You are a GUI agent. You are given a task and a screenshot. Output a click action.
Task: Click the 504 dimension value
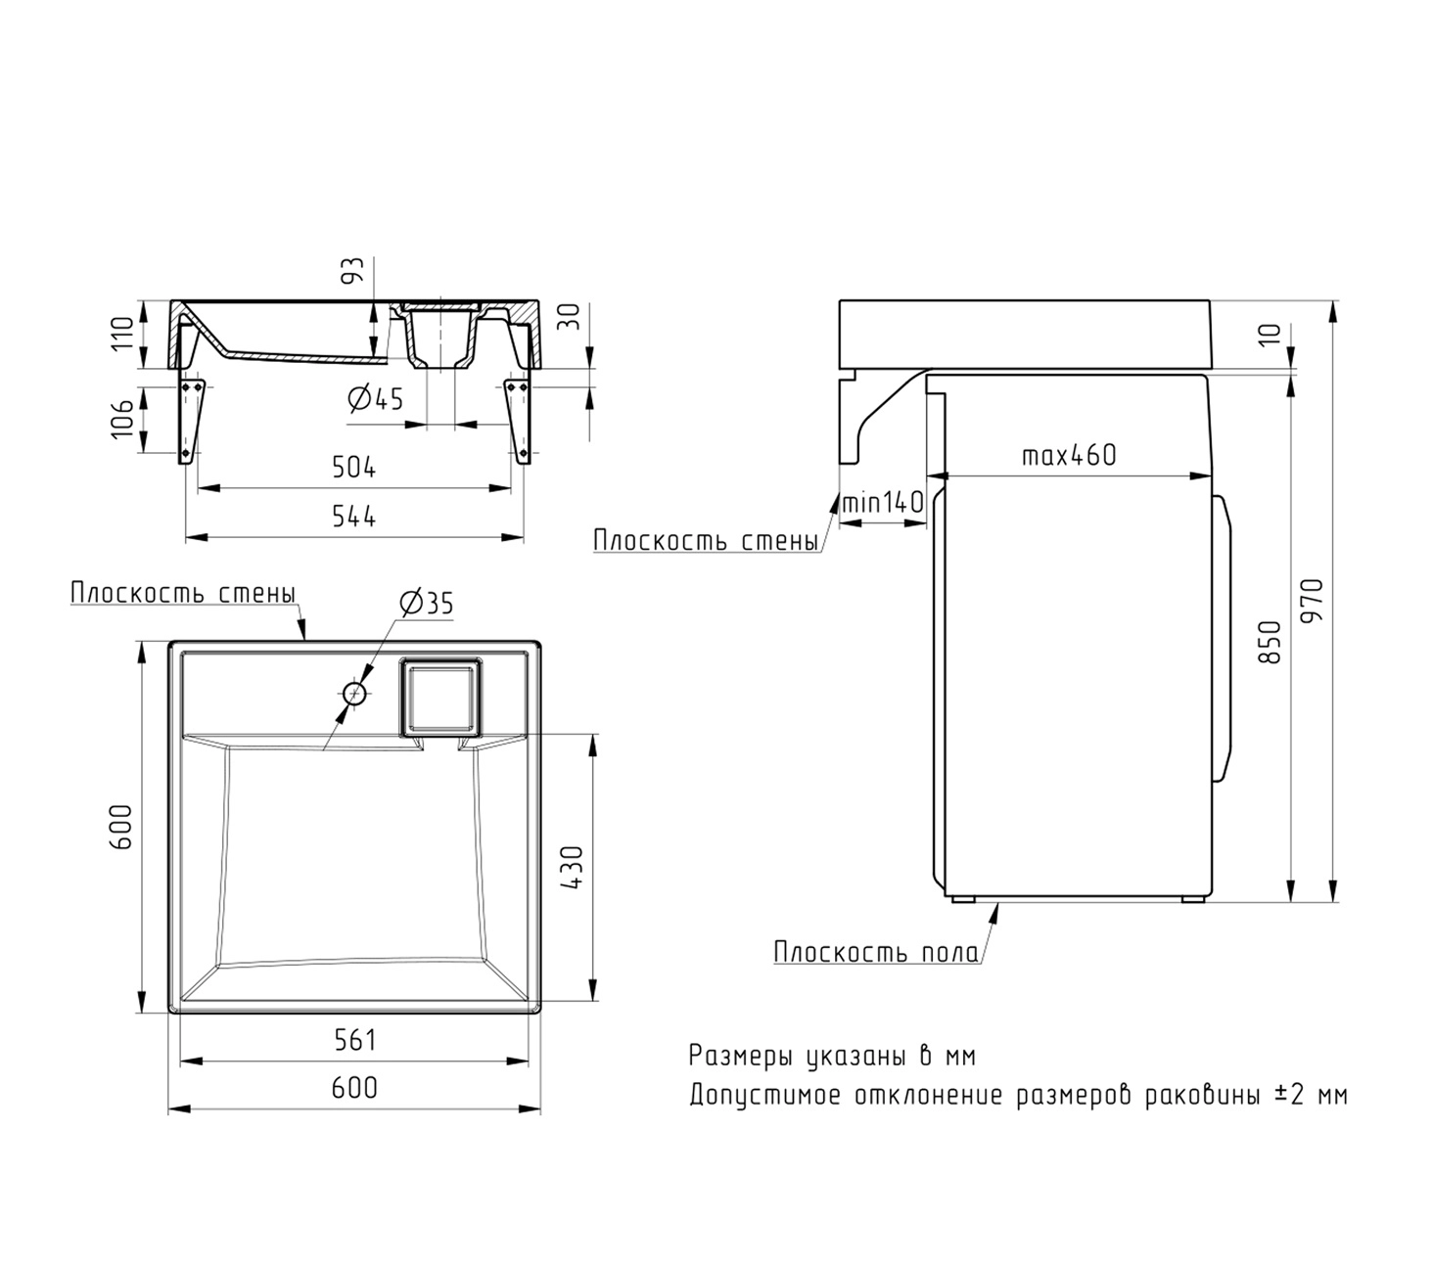pyautogui.click(x=353, y=467)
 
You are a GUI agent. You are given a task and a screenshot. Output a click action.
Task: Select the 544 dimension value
pyautogui.click(x=353, y=517)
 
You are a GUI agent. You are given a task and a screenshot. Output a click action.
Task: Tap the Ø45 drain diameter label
pyautogui.click(x=375, y=399)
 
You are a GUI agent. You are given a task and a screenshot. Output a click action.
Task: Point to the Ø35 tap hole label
pyautogui.click(x=426, y=603)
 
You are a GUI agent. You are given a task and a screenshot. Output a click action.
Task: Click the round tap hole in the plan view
pyautogui.click(x=355, y=694)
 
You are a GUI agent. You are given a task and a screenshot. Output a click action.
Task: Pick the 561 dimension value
pyautogui.click(x=354, y=1040)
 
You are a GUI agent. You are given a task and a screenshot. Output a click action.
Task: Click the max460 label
pyautogui.click(x=1069, y=456)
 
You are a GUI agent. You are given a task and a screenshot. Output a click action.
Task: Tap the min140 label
pyautogui.click(x=883, y=503)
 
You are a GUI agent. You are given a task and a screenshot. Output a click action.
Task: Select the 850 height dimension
pyautogui.click(x=1270, y=642)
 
